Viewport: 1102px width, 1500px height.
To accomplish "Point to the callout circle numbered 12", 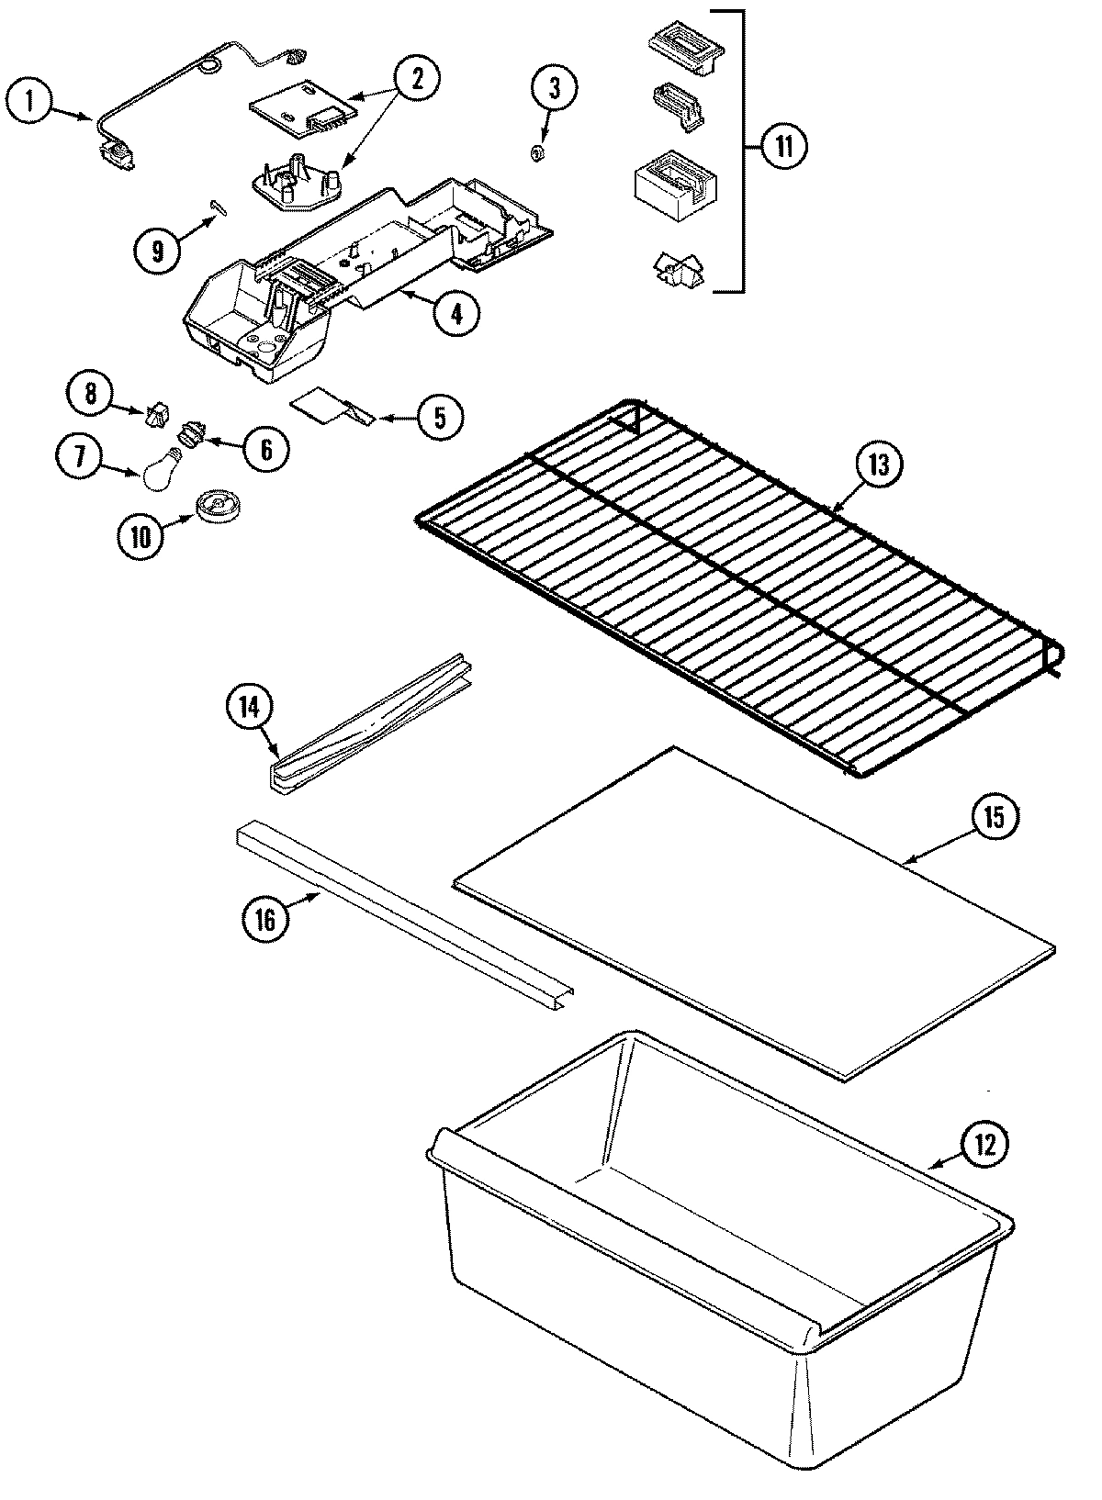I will coord(984,1145).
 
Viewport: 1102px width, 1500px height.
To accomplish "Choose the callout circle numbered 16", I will coord(265,919).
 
